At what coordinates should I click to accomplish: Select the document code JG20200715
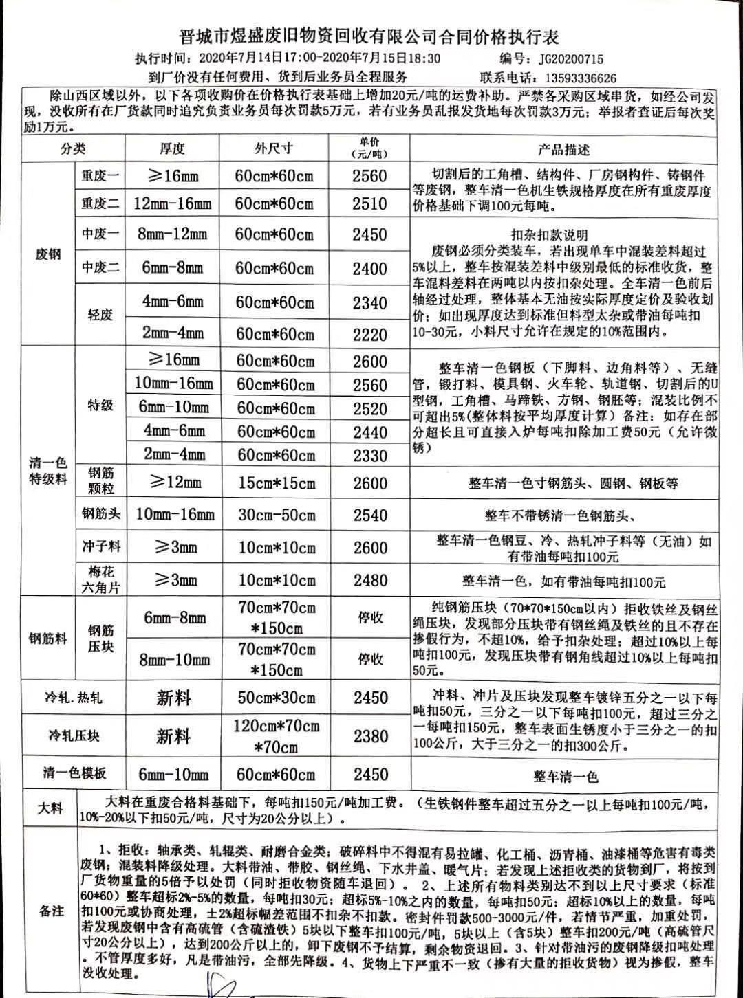click(570, 60)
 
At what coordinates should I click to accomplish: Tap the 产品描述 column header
click(564, 150)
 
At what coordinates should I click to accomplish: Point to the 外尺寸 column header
click(274, 148)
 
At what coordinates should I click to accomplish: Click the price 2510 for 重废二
click(369, 203)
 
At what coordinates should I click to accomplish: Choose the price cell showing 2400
click(369, 268)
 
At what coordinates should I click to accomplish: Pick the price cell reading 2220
click(369, 334)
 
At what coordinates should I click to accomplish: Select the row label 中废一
click(100, 234)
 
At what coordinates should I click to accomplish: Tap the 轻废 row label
click(100, 315)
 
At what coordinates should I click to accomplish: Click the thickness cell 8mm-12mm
click(172, 234)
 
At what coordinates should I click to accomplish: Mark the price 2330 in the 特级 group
click(369, 455)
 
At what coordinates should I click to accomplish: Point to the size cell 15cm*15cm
click(276, 483)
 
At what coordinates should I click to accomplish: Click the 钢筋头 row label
click(100, 514)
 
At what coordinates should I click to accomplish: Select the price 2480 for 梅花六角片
click(371, 580)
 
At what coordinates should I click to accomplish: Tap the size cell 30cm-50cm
click(276, 515)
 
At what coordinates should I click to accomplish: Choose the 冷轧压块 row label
click(74, 736)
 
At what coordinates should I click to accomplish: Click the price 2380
click(371, 736)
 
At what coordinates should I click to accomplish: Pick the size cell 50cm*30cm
click(274, 698)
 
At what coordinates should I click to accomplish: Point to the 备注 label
click(52, 911)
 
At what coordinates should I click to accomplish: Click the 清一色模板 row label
click(74, 773)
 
